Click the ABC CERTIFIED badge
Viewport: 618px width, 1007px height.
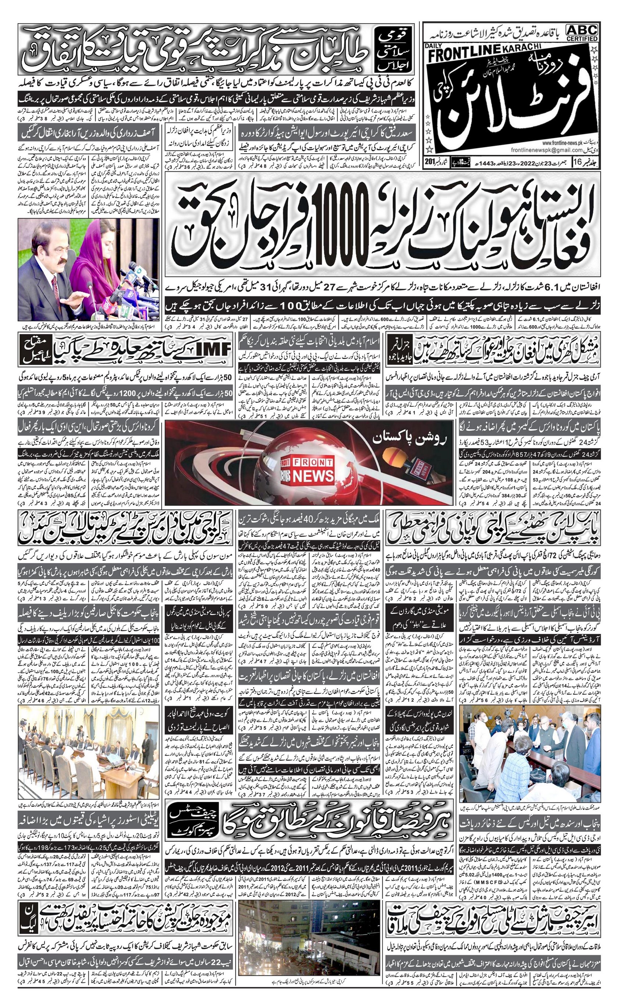[x=582, y=32]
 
